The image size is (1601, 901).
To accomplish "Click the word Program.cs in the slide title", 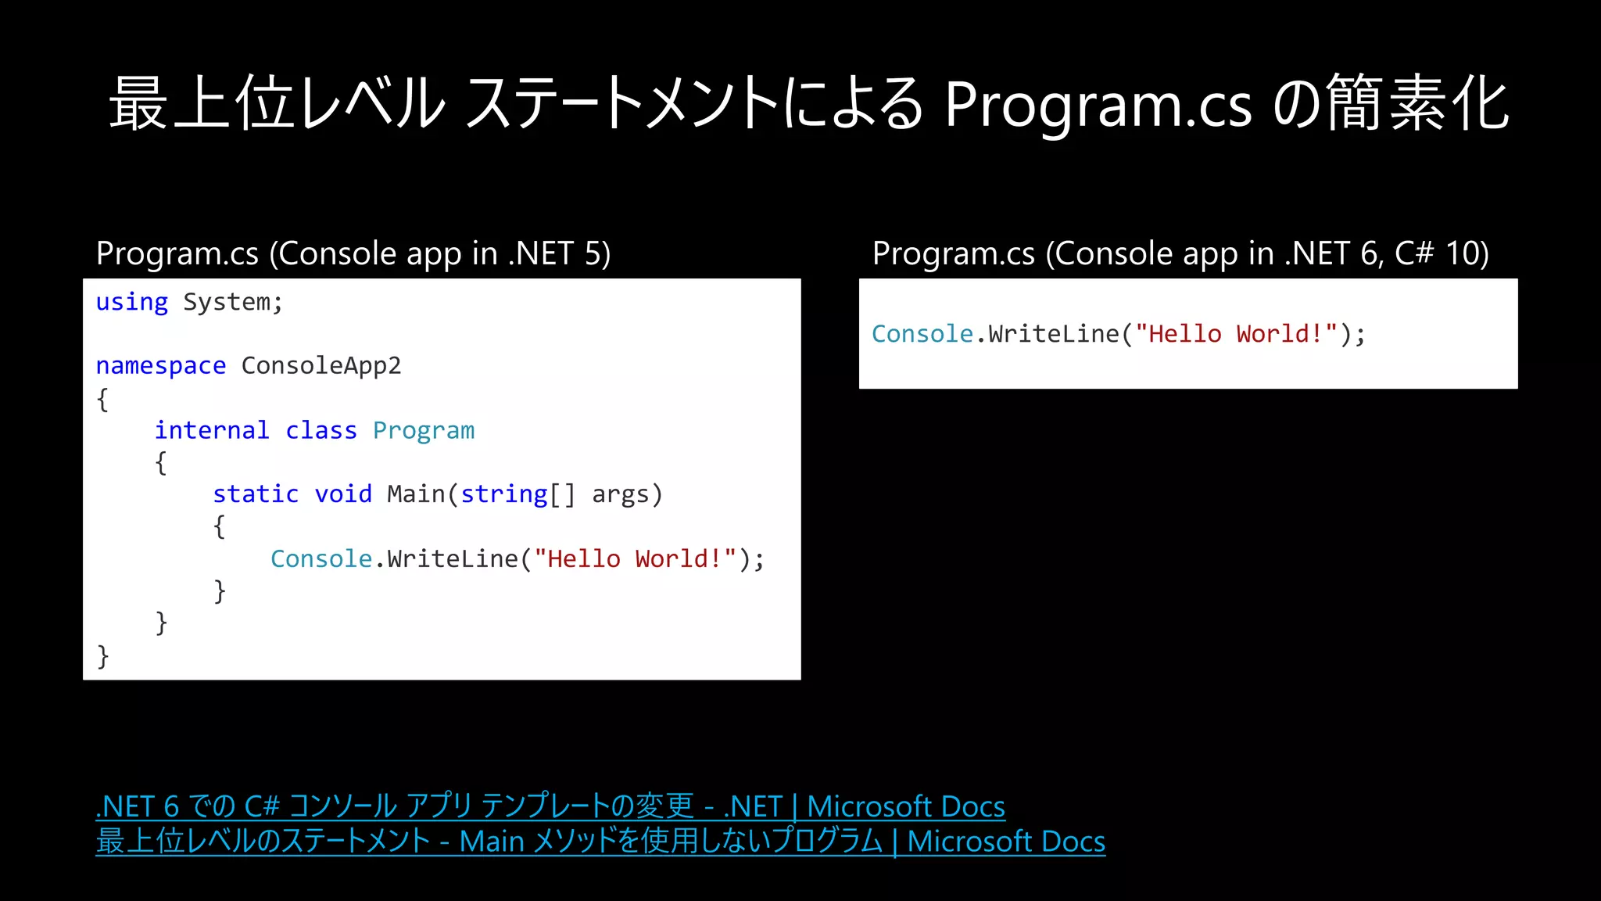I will point(1098,106).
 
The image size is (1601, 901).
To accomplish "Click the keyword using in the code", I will point(131,303).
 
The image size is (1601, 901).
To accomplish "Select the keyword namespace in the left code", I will point(160,366).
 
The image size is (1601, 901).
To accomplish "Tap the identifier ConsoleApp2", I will point(321,366).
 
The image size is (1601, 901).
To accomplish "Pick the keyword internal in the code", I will point(211,430).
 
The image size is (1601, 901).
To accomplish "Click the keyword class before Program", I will point(321,430).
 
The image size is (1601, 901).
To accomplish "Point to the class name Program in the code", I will point(423,431).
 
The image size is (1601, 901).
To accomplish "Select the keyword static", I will point(255,494).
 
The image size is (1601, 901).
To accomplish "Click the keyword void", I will point(342,494).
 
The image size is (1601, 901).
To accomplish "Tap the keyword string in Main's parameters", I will point(503,494).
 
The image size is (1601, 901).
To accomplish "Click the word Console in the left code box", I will point(321,558).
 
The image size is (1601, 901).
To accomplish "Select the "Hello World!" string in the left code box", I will point(635,558).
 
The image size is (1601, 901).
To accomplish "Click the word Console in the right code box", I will point(922,334).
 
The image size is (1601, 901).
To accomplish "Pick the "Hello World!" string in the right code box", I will point(1236,334).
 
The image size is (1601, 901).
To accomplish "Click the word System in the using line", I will point(227,303).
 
